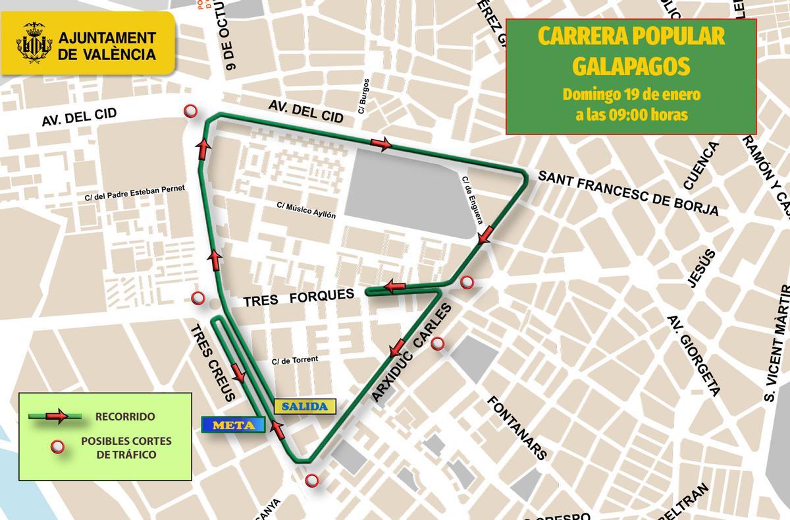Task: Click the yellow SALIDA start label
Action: (x=305, y=406)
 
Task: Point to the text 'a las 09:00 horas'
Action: (x=631, y=114)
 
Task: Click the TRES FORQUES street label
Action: (x=299, y=298)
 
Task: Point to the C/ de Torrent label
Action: (x=295, y=360)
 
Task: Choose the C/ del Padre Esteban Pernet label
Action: (x=136, y=192)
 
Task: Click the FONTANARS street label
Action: (x=517, y=427)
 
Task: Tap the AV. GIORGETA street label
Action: (x=693, y=355)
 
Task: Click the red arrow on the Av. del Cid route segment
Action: (x=381, y=144)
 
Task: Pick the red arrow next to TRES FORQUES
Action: (x=395, y=287)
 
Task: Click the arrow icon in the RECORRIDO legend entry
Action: (x=55, y=416)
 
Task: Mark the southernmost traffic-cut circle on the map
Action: (x=312, y=480)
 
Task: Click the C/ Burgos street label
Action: (x=364, y=97)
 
